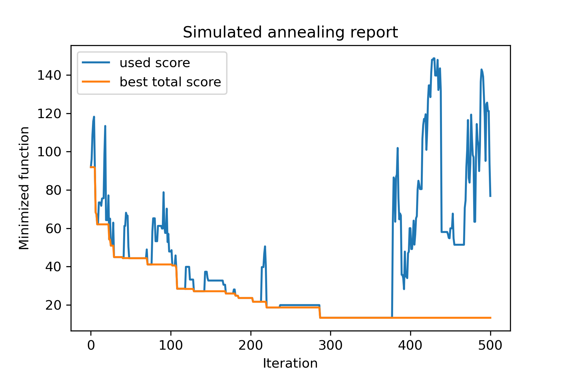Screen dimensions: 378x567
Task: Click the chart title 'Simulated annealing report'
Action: pos(290,32)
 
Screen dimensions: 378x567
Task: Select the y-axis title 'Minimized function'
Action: pos(24,188)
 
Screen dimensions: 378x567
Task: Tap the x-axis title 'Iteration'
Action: pos(290,364)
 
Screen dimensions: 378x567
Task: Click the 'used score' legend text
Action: pos(155,63)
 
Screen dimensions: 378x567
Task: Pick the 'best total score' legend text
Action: pos(170,82)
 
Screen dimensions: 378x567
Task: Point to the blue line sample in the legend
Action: pos(96,63)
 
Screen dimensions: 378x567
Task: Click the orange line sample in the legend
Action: pos(96,82)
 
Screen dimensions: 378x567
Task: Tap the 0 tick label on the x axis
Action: pos(91,346)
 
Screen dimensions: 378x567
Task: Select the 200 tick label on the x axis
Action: pos(251,346)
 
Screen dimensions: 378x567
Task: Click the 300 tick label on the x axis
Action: pos(330,346)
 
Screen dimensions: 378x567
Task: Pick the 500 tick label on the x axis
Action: pos(490,346)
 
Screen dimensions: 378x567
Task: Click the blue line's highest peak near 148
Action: pos(434,59)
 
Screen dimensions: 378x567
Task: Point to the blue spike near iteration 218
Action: pos(265,247)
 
